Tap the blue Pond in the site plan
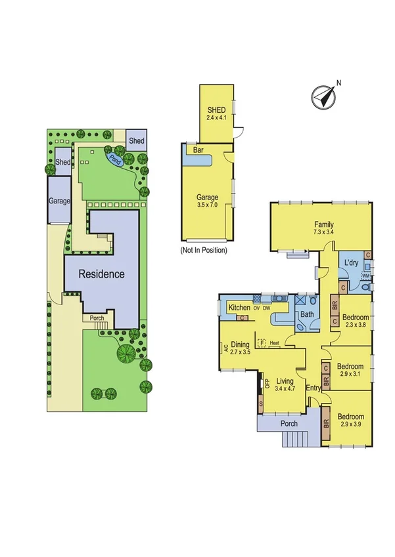[116, 158]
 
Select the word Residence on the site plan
[102, 274]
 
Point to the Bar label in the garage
[198, 150]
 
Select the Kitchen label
[238, 308]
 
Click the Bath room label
[307, 315]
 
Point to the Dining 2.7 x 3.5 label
[240, 348]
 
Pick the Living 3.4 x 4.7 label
[285, 384]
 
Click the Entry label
[313, 388]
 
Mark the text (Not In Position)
[203, 250]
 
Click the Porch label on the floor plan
[290, 424]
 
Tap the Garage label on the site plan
[58, 201]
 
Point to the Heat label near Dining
[274, 343]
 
